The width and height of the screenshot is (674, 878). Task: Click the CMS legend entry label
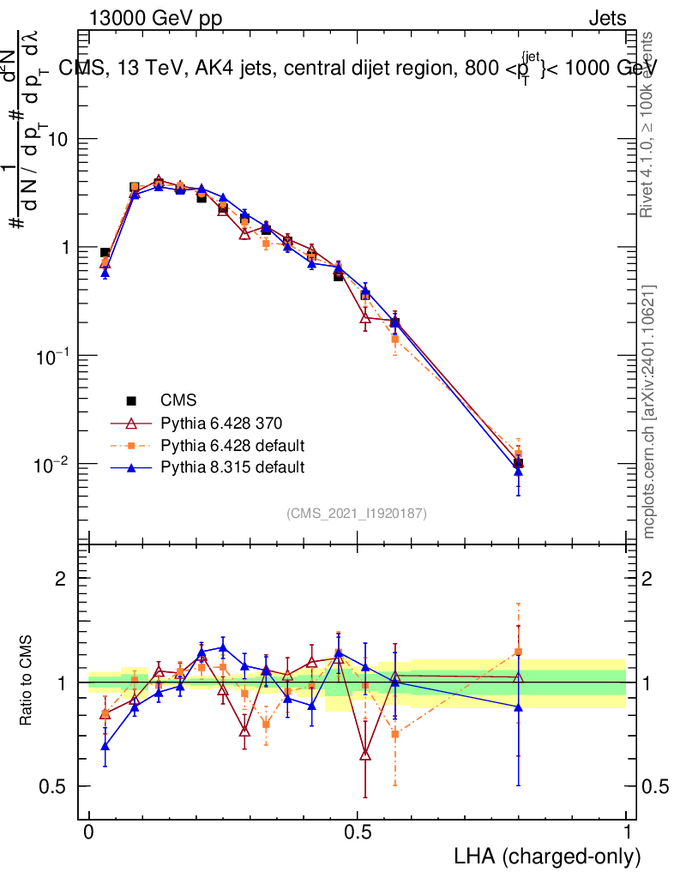178,400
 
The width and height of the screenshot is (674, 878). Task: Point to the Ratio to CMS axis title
28,682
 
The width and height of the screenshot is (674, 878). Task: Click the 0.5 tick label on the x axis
358,832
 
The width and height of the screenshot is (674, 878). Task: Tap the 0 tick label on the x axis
89,832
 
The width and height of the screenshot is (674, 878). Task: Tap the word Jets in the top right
606,19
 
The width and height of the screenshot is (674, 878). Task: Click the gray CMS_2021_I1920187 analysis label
357,514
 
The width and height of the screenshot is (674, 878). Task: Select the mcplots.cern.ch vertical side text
649,412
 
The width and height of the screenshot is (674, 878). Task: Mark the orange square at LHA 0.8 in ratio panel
518,652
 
